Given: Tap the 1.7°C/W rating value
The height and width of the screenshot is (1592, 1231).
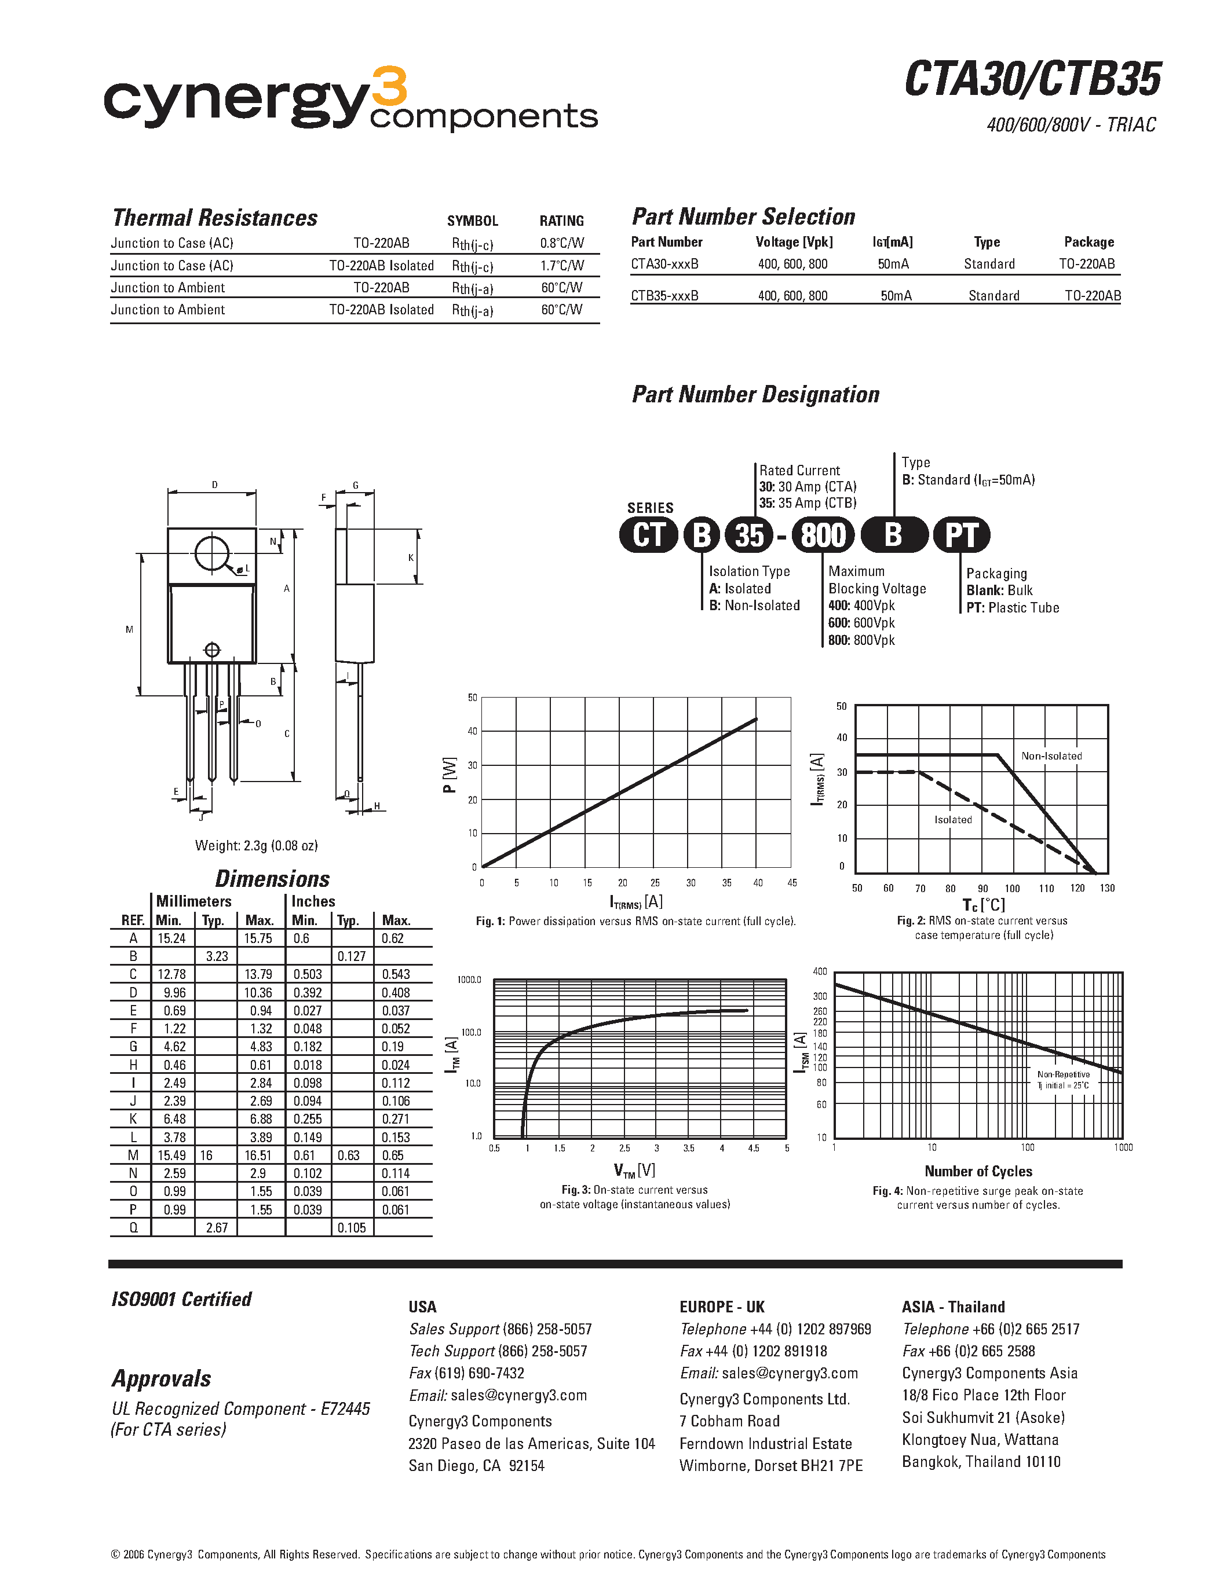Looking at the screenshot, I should pyautogui.click(x=561, y=265).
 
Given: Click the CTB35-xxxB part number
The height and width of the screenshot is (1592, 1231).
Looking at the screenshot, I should pyautogui.click(x=664, y=295).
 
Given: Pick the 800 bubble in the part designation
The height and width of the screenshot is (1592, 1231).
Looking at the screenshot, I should pyautogui.click(x=823, y=535).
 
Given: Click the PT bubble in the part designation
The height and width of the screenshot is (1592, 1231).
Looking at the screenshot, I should pyautogui.click(x=961, y=535).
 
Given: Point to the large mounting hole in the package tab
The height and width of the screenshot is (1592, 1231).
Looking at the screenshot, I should pyautogui.click(x=211, y=554).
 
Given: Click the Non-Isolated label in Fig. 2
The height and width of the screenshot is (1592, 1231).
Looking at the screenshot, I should pyautogui.click(x=1051, y=756).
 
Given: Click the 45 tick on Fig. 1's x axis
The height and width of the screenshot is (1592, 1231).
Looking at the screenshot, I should pyautogui.click(x=792, y=883).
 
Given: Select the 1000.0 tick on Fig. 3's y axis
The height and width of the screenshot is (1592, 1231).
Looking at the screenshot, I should pyautogui.click(x=469, y=980).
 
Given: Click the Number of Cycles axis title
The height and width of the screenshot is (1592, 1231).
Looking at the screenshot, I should pyautogui.click(x=978, y=1171).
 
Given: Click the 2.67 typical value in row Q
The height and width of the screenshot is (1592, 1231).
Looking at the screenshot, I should pyautogui.click(x=217, y=1227).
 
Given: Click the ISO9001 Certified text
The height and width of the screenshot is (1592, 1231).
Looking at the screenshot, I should pyautogui.click(x=181, y=1299).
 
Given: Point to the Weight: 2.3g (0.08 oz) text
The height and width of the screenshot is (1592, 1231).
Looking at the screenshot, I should pyautogui.click(x=256, y=846).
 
